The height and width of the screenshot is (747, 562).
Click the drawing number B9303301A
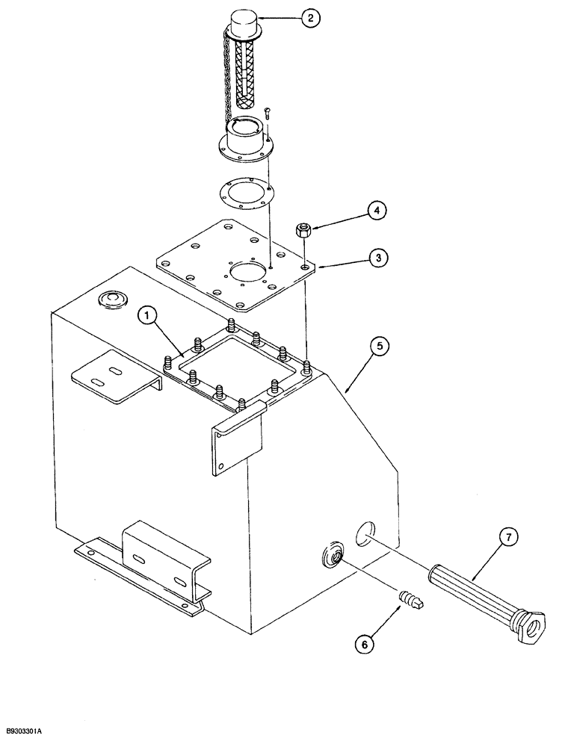point(35,737)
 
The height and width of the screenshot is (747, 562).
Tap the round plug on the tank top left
point(111,300)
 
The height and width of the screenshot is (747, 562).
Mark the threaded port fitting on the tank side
point(330,557)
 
